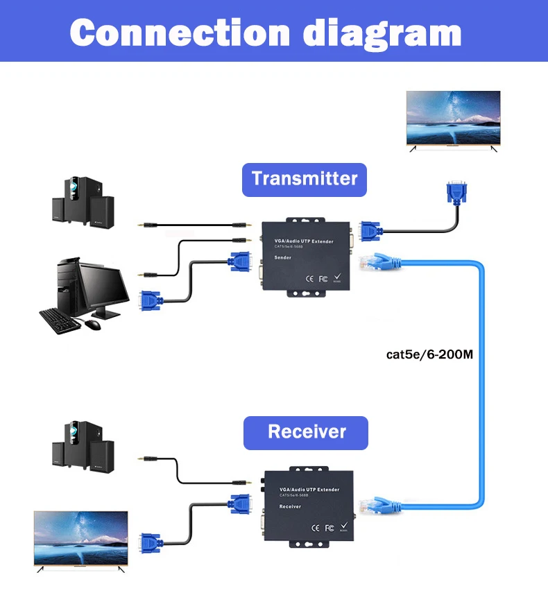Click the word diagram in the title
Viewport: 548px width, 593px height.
pos(383,33)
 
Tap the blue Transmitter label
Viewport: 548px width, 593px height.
pos(304,179)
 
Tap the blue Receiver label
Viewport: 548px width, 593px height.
pos(306,432)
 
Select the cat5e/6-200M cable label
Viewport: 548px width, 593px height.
pos(429,354)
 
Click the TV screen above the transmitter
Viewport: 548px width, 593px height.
pos(453,119)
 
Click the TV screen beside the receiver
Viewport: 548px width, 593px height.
pos(81,538)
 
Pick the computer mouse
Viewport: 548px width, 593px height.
pos(92,324)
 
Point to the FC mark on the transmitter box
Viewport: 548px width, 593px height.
pos(323,279)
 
